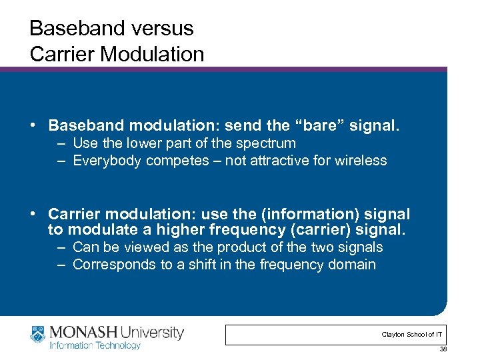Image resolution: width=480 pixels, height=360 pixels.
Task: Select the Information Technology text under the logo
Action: tap(95, 345)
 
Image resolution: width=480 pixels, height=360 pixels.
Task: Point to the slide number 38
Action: tap(443, 349)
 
